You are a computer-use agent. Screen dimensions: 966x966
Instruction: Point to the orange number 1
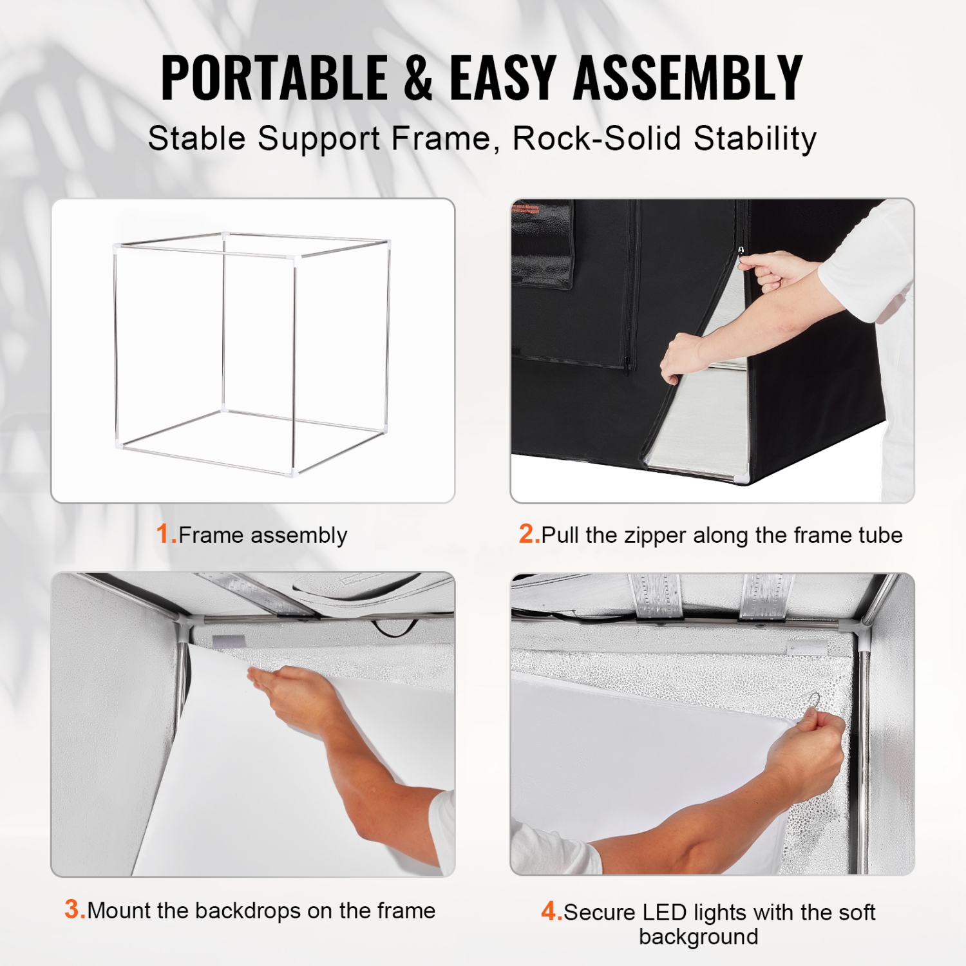click(x=164, y=534)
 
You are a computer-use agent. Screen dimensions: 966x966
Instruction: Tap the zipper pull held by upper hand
click(x=741, y=251)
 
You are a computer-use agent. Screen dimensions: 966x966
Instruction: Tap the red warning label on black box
click(x=526, y=209)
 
